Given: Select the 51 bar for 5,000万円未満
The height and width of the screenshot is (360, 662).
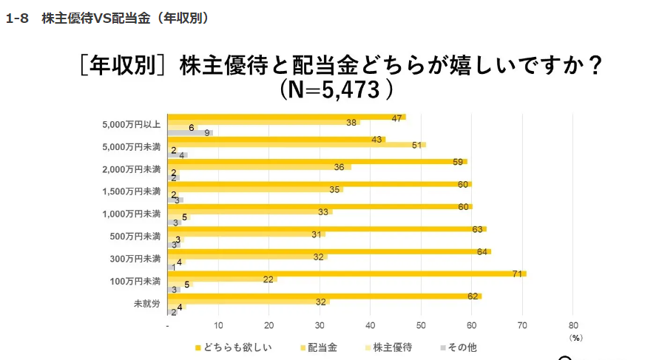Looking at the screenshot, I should point(296,145).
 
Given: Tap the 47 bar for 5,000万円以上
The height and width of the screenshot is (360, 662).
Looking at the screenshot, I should point(286,117).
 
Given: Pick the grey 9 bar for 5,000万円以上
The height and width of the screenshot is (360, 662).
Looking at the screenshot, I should point(190,132).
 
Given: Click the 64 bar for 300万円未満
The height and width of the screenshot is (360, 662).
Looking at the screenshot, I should point(329,251).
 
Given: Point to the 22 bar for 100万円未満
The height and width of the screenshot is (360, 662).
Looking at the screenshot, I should point(222,279).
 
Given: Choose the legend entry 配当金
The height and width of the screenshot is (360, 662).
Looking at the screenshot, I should point(323,347).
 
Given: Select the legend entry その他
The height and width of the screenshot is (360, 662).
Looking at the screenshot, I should point(462,347).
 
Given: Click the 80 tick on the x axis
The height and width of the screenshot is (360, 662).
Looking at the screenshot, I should point(573,325).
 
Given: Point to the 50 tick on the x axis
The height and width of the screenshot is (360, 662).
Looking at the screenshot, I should point(421,325).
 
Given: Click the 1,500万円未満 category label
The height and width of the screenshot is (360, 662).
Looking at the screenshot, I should point(132,192).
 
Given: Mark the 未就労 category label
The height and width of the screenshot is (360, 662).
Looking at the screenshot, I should point(146,304).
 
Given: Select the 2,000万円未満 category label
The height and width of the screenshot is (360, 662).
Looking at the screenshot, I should point(132,169).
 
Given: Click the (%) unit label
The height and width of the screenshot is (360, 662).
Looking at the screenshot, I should point(576,337).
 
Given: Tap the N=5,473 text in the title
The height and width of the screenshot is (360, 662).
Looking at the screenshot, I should point(335,91).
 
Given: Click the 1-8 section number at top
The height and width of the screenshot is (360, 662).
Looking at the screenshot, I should point(17,18).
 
